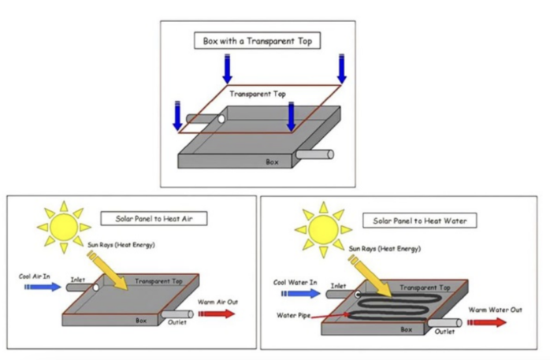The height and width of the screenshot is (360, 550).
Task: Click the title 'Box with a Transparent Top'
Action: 258,41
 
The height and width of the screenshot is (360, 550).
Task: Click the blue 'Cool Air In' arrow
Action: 43,287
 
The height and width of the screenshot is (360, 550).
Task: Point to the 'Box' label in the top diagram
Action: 272,161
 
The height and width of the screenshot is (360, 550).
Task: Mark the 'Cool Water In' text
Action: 295,282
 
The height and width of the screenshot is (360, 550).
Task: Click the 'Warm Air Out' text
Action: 217,301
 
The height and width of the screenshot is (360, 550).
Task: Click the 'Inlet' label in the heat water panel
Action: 339,286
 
